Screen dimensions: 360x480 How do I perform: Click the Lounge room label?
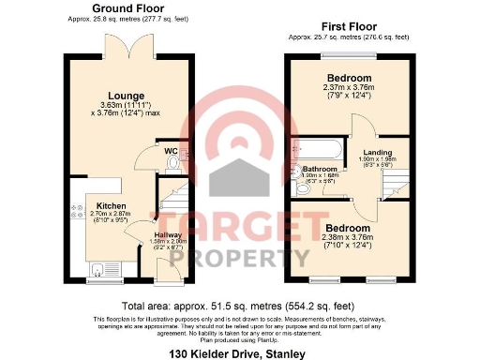pos(126,95)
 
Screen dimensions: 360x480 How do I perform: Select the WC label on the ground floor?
pos(172,151)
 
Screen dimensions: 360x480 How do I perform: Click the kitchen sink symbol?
pos(98,270)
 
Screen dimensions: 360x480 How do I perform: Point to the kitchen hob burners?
pos(74,212)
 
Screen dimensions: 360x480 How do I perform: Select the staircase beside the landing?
pos(395,187)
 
